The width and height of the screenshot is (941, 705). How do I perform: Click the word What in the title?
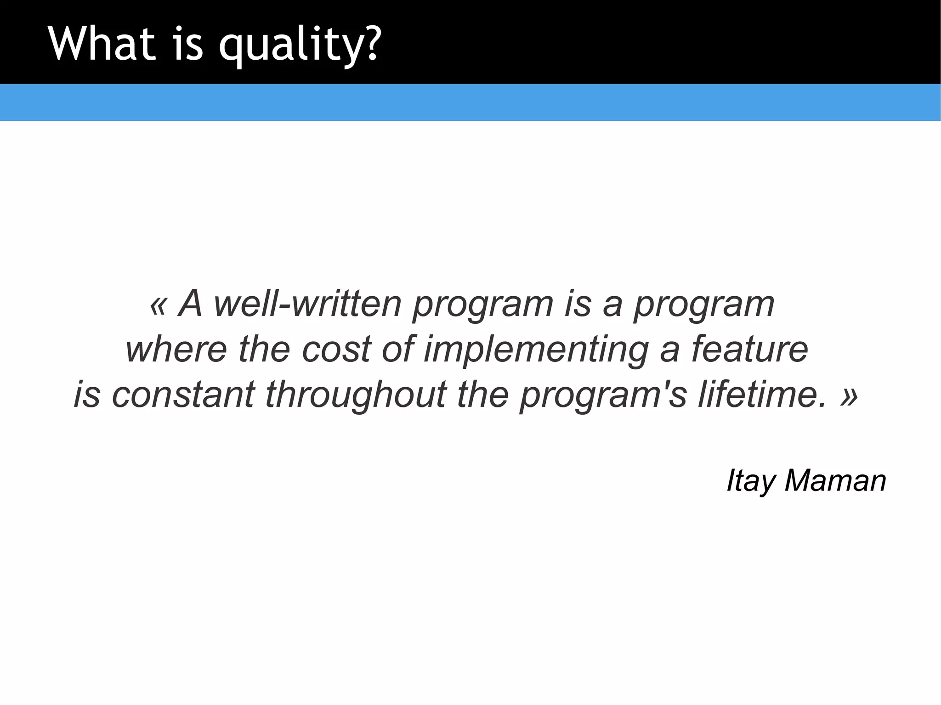click(x=102, y=43)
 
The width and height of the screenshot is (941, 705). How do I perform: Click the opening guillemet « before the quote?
click(x=158, y=305)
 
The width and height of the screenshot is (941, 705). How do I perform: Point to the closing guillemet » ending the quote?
click(x=849, y=396)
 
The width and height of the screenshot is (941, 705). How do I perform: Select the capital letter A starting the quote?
click(x=191, y=304)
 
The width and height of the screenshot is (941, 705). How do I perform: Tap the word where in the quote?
click(x=176, y=350)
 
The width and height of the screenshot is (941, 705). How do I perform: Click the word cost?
click(x=336, y=350)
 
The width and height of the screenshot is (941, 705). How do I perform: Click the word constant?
click(x=183, y=395)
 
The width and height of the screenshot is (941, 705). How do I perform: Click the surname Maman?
click(x=835, y=481)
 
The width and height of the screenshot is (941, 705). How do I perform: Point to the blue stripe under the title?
click(x=470, y=102)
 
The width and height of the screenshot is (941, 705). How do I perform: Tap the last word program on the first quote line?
click(x=704, y=305)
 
